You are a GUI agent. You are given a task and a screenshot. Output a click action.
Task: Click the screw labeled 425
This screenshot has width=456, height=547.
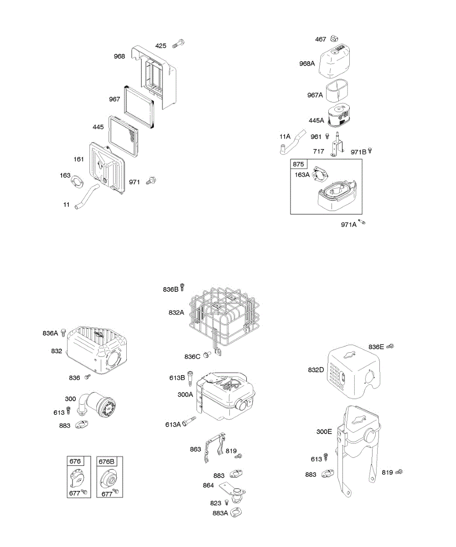pyautogui.click(x=178, y=45)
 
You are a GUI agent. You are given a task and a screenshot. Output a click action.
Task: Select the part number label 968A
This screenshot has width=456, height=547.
pyautogui.click(x=307, y=64)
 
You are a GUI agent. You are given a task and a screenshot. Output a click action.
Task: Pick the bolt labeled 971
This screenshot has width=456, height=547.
pyautogui.click(x=151, y=181)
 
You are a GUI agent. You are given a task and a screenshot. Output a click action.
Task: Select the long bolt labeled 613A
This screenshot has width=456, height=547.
pyautogui.click(x=188, y=422)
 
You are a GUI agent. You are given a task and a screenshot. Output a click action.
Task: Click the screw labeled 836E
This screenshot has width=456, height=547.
pyautogui.click(x=390, y=346)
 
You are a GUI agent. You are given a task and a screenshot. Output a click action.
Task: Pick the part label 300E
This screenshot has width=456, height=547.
pyautogui.click(x=324, y=431)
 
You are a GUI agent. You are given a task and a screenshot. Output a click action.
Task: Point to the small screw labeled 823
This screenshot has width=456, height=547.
pyautogui.click(x=227, y=502)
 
